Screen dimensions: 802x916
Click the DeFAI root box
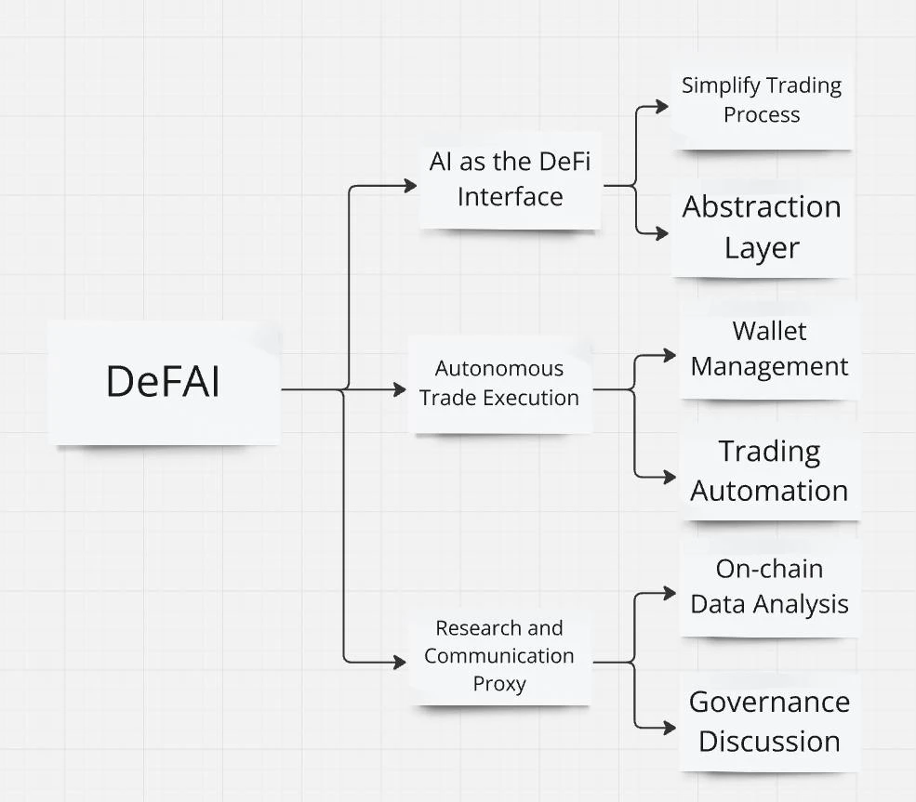(x=164, y=382)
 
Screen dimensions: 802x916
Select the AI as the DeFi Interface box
(x=510, y=179)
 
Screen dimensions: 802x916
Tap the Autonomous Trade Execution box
(x=499, y=383)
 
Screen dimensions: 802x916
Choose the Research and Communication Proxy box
(x=499, y=655)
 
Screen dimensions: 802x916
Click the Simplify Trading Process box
(x=762, y=100)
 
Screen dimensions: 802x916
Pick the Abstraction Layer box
(x=762, y=227)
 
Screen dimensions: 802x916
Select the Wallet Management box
(x=769, y=348)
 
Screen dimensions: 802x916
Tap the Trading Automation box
(x=769, y=470)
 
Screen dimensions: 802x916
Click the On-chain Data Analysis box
(x=769, y=586)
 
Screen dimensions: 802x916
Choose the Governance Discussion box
(x=769, y=721)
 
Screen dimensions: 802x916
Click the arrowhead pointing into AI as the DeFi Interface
(x=411, y=186)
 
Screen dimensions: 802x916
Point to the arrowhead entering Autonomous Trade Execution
(x=401, y=389)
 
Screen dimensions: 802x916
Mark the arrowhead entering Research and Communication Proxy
(x=401, y=663)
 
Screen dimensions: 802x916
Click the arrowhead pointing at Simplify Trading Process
(x=662, y=106)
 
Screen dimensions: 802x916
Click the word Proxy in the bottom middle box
(x=499, y=684)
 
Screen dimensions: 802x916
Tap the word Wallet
(x=769, y=331)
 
